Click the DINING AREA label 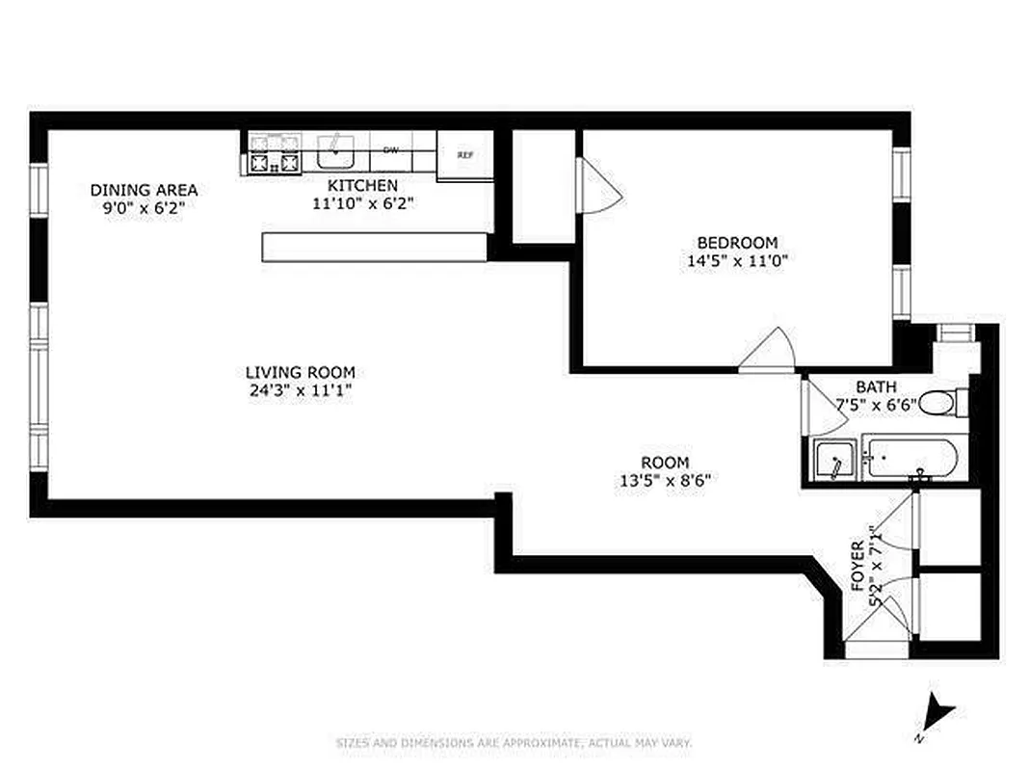[x=144, y=190]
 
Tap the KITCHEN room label [x=362, y=185]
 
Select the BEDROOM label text [x=737, y=243]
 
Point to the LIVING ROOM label [x=300, y=372]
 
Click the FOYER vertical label [x=857, y=566]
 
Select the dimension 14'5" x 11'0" [x=737, y=260]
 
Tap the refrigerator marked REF [x=465, y=155]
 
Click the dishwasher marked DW [x=391, y=150]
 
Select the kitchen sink [x=336, y=151]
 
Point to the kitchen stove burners [x=274, y=154]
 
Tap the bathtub [x=910, y=458]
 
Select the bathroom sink [x=833, y=460]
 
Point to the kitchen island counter [x=374, y=247]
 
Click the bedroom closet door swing [x=596, y=186]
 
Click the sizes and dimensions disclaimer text [x=514, y=743]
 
